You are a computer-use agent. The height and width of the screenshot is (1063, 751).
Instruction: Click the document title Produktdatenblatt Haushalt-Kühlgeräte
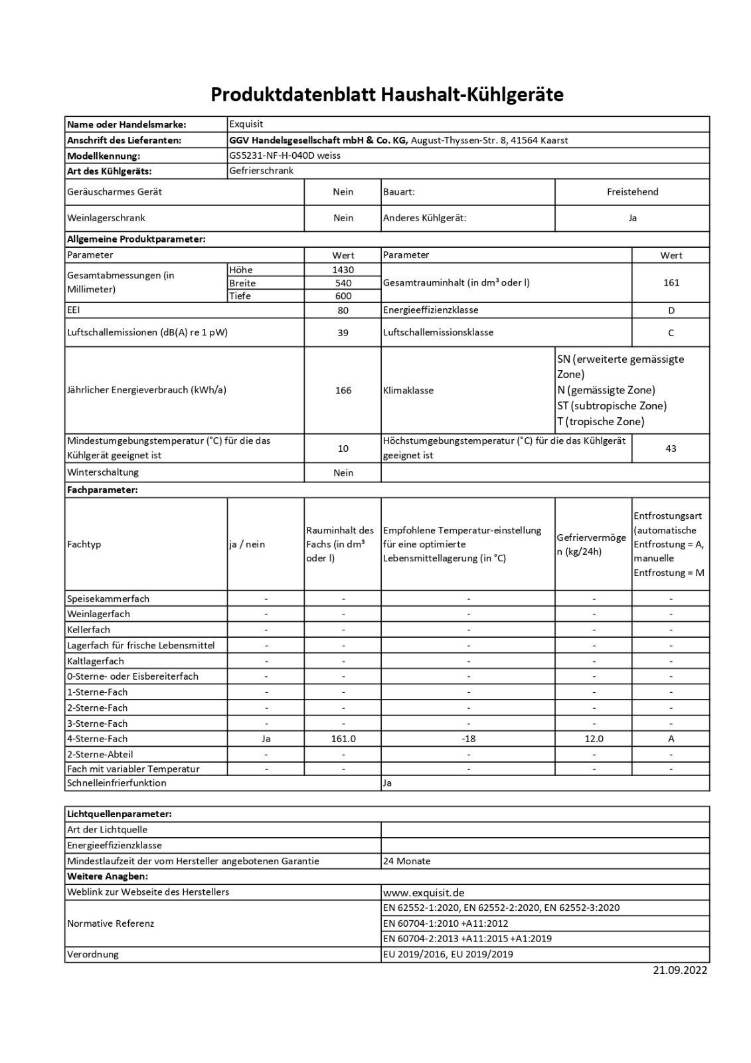(x=387, y=95)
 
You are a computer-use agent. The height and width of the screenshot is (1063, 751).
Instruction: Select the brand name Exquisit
(x=246, y=124)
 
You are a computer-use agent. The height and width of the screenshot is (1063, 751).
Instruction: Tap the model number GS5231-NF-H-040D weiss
(x=285, y=155)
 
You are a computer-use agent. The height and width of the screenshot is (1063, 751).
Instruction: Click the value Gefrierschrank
(x=261, y=171)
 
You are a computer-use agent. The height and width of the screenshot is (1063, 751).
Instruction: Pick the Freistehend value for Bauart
(x=632, y=192)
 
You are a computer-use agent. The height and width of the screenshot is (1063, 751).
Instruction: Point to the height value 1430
(x=343, y=270)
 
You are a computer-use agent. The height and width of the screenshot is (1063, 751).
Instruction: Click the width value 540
(x=343, y=283)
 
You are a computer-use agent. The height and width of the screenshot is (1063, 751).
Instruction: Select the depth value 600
(x=343, y=296)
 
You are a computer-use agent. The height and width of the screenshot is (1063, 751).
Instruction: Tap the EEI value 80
(x=343, y=310)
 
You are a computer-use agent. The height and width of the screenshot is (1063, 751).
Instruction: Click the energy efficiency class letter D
(x=671, y=310)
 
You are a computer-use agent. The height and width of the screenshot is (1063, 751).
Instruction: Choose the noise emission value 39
(x=343, y=333)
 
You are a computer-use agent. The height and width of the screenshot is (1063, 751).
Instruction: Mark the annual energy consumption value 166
(x=343, y=391)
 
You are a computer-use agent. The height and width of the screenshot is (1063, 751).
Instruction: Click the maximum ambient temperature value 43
(x=671, y=448)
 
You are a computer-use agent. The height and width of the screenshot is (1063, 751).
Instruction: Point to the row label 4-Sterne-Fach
(x=97, y=739)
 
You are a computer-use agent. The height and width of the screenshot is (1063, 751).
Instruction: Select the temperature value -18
(x=468, y=739)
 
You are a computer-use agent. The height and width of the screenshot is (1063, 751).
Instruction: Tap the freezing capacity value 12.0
(x=594, y=739)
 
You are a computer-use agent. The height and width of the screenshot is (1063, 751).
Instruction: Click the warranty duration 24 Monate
(x=407, y=861)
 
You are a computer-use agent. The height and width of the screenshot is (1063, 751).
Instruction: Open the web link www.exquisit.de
(x=424, y=892)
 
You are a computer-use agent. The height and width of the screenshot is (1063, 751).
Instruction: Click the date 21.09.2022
(x=680, y=970)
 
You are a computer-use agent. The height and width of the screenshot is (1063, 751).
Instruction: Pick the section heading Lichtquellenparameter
(x=120, y=814)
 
